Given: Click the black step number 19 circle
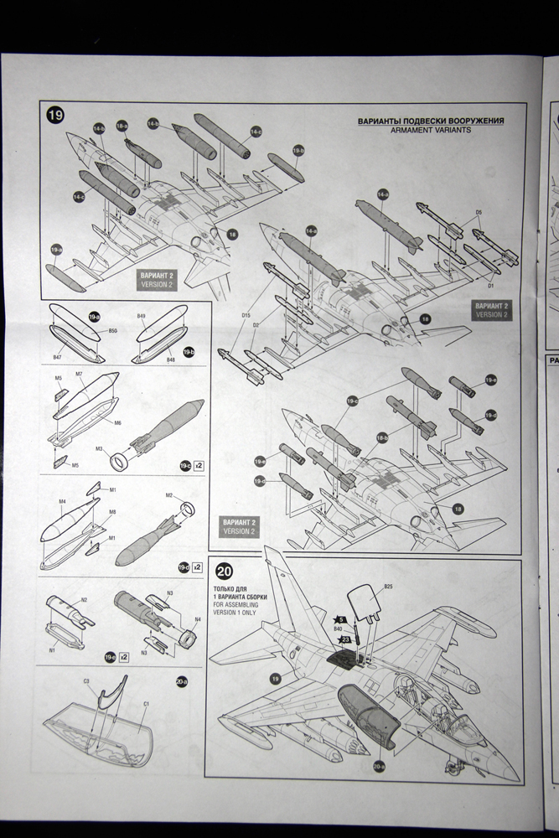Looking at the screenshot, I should point(56,116).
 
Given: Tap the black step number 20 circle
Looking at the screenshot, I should point(225,572).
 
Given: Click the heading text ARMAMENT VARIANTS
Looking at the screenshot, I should point(431,131).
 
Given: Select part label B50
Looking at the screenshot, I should point(112,331).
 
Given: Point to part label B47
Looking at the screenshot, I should point(57,357).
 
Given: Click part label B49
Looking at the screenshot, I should point(142,317).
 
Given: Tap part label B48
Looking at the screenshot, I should point(170,359).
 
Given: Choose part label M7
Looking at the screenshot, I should point(79,373).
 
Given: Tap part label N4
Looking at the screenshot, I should point(197,621).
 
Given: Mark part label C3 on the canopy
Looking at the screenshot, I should point(86,681).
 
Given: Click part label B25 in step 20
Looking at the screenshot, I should point(388,586).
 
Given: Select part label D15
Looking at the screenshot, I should point(246,315).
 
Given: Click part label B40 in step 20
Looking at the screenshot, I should point(338,628).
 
